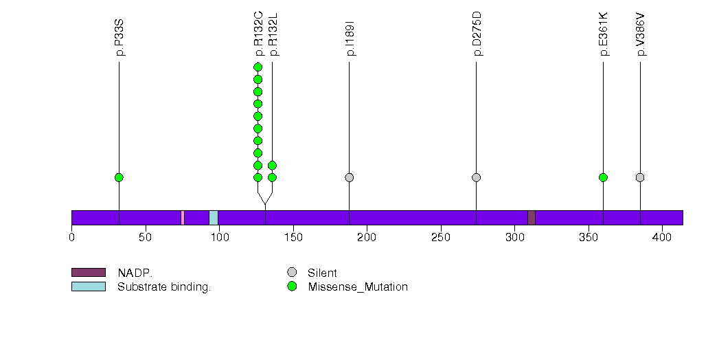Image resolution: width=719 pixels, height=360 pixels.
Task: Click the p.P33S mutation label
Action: point(120,38)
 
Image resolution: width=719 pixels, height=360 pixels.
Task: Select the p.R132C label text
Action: point(259,34)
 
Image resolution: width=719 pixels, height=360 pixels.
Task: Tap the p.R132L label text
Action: point(273,34)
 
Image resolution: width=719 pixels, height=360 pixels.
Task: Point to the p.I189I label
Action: point(350,38)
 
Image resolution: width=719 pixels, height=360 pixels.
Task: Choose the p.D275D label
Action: point(477,34)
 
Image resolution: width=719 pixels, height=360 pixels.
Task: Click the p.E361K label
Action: point(604,34)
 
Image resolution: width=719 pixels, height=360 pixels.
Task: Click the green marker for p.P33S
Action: point(119,177)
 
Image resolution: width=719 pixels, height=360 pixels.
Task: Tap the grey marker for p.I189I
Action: point(350,177)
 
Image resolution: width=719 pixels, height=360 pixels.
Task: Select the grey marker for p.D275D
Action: point(477,177)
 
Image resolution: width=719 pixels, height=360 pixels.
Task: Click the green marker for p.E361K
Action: point(603,177)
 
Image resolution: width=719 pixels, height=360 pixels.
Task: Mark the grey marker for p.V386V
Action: point(640,177)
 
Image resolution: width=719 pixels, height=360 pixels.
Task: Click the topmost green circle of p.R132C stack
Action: point(258,67)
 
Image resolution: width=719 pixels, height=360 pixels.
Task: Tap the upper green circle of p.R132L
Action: point(273,165)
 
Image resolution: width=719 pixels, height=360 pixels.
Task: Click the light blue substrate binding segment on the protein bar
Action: point(214,218)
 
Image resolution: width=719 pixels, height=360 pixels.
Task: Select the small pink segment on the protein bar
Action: point(183,218)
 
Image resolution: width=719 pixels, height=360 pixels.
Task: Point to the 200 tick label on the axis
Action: point(367,238)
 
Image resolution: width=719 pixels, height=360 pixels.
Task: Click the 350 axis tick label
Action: point(589,238)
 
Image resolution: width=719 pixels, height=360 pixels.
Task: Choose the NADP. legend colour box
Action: point(89,273)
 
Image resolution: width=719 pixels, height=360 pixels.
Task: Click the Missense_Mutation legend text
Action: point(358,287)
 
